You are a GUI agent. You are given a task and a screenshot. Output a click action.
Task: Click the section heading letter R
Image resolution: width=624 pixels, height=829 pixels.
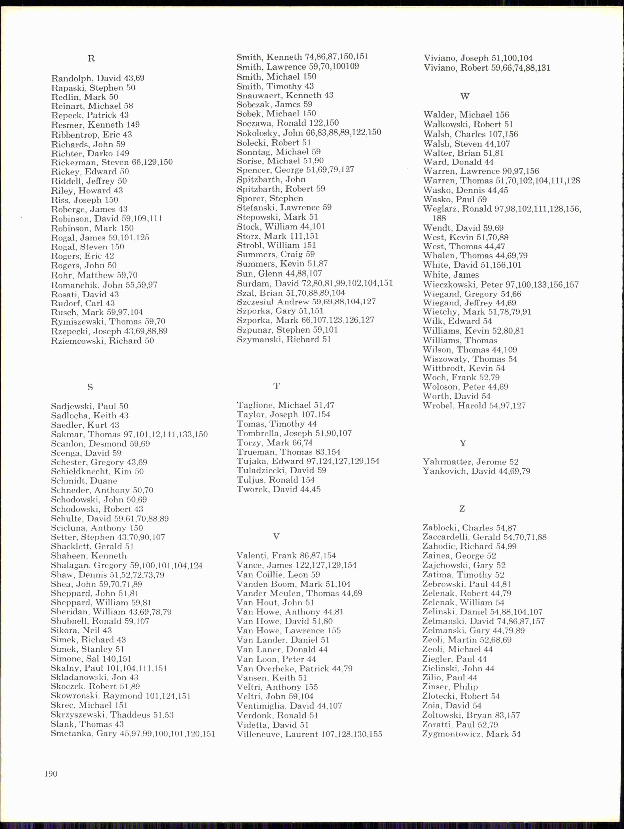[x=91, y=58]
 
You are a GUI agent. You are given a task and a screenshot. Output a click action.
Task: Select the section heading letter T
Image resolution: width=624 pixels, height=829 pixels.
[x=277, y=386]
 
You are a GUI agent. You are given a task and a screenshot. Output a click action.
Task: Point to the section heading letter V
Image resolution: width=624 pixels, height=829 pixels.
[x=276, y=537]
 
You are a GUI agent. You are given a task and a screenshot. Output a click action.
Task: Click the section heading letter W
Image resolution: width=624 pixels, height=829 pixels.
[x=465, y=96]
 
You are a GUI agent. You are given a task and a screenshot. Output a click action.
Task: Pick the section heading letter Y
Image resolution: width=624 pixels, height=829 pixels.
[x=463, y=443]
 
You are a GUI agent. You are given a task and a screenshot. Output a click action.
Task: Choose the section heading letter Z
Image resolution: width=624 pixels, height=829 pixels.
[x=462, y=509]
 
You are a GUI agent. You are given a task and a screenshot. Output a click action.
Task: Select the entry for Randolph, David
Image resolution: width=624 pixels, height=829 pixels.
[x=97, y=78]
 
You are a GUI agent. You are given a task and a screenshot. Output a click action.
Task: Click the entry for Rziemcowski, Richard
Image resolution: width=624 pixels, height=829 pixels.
[x=102, y=341]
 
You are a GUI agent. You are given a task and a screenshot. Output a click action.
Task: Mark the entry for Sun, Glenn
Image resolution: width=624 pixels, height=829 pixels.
[x=279, y=273]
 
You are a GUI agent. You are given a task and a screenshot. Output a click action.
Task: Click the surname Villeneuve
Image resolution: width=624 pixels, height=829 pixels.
[x=258, y=734]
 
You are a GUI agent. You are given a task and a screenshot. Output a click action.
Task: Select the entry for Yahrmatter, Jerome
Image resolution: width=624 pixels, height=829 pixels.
[x=470, y=462]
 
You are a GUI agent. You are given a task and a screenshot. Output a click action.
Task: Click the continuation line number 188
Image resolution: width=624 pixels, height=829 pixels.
[x=439, y=218]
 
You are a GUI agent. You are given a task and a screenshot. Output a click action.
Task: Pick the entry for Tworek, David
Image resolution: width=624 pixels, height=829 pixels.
[x=278, y=489]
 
